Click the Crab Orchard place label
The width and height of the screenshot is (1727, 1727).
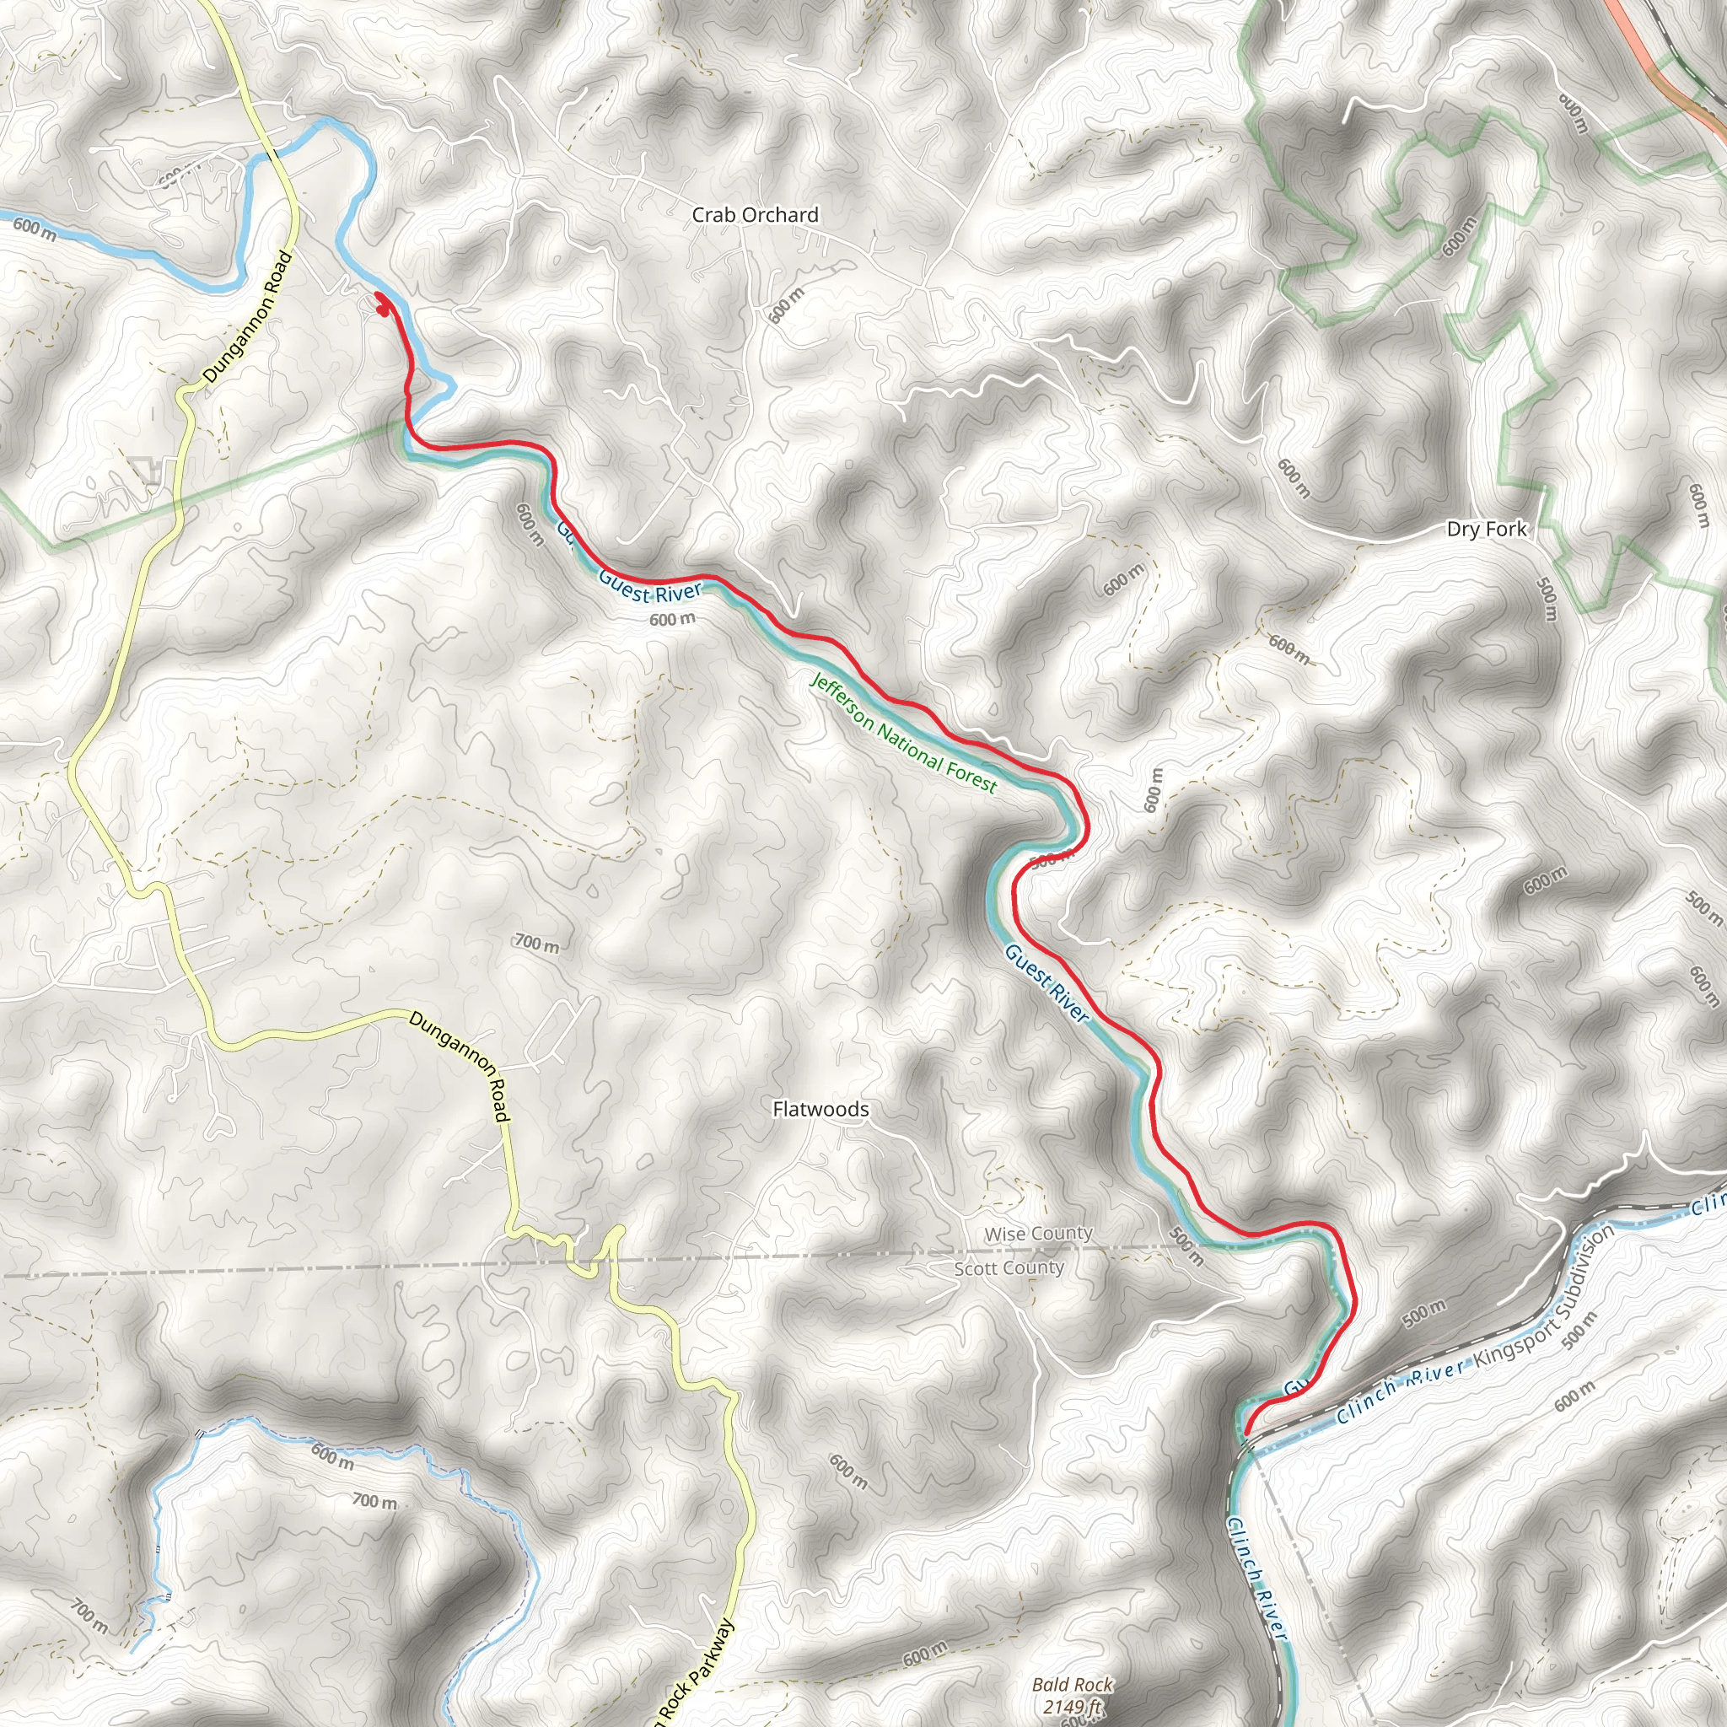[x=756, y=215]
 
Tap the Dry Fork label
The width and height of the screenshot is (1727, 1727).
[x=1487, y=530]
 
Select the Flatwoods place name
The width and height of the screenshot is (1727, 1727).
[x=820, y=1110]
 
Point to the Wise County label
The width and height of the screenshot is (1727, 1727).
[x=1038, y=1234]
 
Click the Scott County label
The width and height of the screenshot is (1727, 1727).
[x=1009, y=1268]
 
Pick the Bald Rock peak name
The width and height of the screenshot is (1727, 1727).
[x=1073, y=1685]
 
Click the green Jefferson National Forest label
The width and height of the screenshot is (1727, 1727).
[x=903, y=734]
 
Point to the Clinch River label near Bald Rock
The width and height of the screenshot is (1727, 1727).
[x=1256, y=1578]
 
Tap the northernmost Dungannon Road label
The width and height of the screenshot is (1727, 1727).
[x=248, y=318]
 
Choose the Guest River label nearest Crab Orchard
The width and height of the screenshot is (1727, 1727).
[x=650, y=589]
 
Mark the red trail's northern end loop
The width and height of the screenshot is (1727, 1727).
[x=382, y=304]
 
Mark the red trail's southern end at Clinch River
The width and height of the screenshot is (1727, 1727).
[x=1245, y=1433]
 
